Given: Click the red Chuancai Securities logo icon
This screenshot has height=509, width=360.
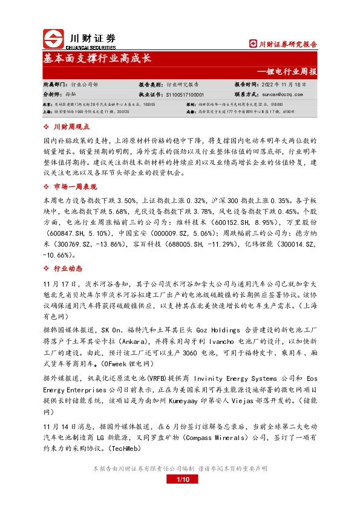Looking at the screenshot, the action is pos(53,39).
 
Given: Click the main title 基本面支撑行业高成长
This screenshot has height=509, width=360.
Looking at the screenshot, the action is pos(97,59).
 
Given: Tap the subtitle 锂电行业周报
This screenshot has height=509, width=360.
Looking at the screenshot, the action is pos(291,71).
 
